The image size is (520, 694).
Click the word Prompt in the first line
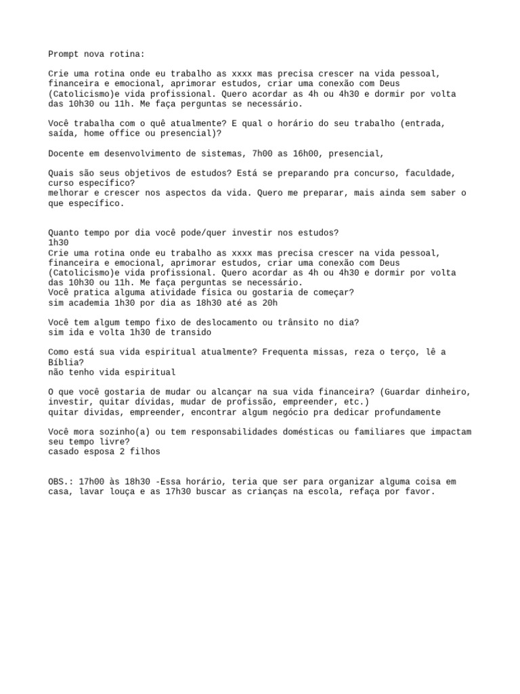tap(62, 54)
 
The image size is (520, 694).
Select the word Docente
tap(65, 153)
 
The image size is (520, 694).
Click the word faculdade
tap(421, 173)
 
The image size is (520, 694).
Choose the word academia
tap(89, 302)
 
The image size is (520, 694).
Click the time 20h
tap(269, 302)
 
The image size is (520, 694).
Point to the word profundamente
tap(404, 412)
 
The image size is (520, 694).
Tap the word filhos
tap(147, 451)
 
